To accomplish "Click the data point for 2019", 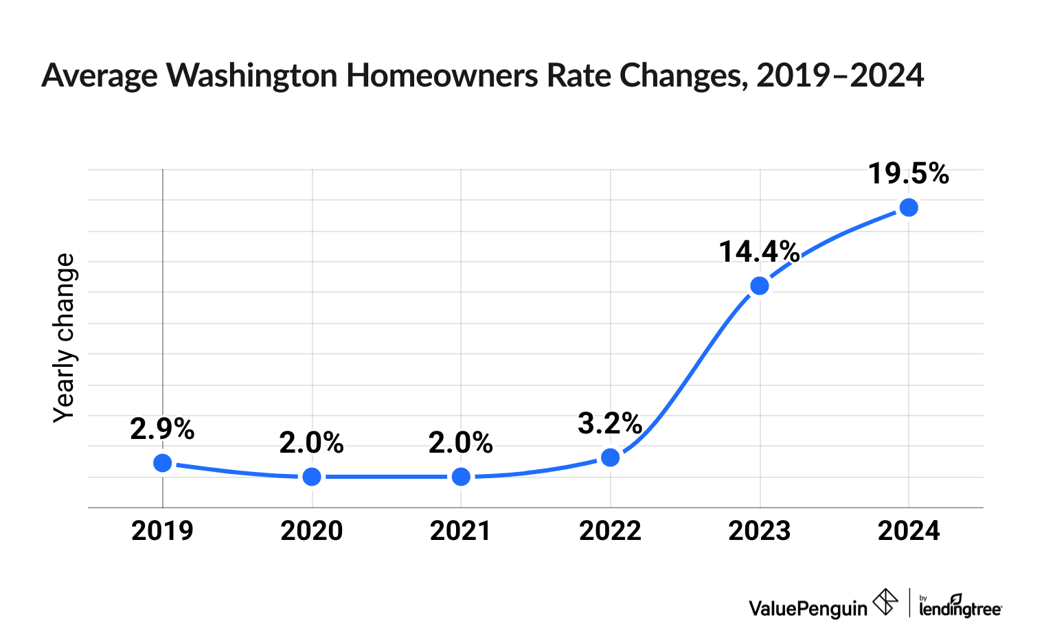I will [163, 463].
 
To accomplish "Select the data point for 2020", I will [312, 477].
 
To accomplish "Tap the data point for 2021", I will [462, 477].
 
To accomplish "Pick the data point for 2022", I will [611, 458].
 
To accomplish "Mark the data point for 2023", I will [760, 286].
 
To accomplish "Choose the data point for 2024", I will [909, 207].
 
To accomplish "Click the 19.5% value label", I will [908, 174].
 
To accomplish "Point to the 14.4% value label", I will [759, 252].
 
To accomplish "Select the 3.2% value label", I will [610, 424].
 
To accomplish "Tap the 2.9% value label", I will [162, 429].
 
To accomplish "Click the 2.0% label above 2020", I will [311, 443].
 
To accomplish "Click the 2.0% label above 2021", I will [461, 443].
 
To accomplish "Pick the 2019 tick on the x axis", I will [163, 531].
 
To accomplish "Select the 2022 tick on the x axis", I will [611, 531].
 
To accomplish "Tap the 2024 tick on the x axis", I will [909, 531].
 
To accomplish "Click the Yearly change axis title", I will [65, 338].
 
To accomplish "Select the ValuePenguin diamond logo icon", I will [885, 602].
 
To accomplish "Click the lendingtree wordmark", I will [960, 607].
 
